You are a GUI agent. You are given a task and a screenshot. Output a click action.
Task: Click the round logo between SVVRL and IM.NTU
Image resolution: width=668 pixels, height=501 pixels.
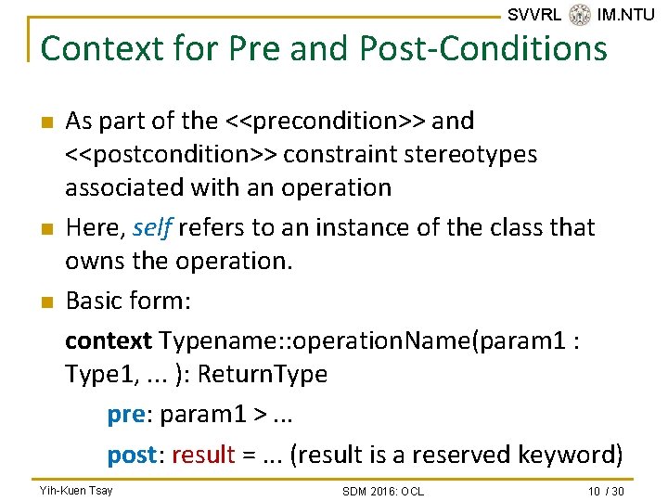point(580,14)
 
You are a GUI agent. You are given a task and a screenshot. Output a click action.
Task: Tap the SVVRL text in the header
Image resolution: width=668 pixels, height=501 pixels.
point(534,14)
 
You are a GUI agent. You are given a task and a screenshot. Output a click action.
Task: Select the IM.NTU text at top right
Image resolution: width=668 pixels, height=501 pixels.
point(625,14)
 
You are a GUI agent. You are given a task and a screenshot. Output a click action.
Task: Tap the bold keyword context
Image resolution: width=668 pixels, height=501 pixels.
point(108,340)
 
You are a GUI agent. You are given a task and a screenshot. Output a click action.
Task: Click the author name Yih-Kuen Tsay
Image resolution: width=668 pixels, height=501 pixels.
point(76,490)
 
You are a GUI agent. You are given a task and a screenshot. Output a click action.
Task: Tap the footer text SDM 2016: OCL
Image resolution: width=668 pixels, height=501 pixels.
point(382,491)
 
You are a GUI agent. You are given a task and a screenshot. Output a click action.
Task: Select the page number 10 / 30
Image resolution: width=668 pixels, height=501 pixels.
point(607,490)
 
